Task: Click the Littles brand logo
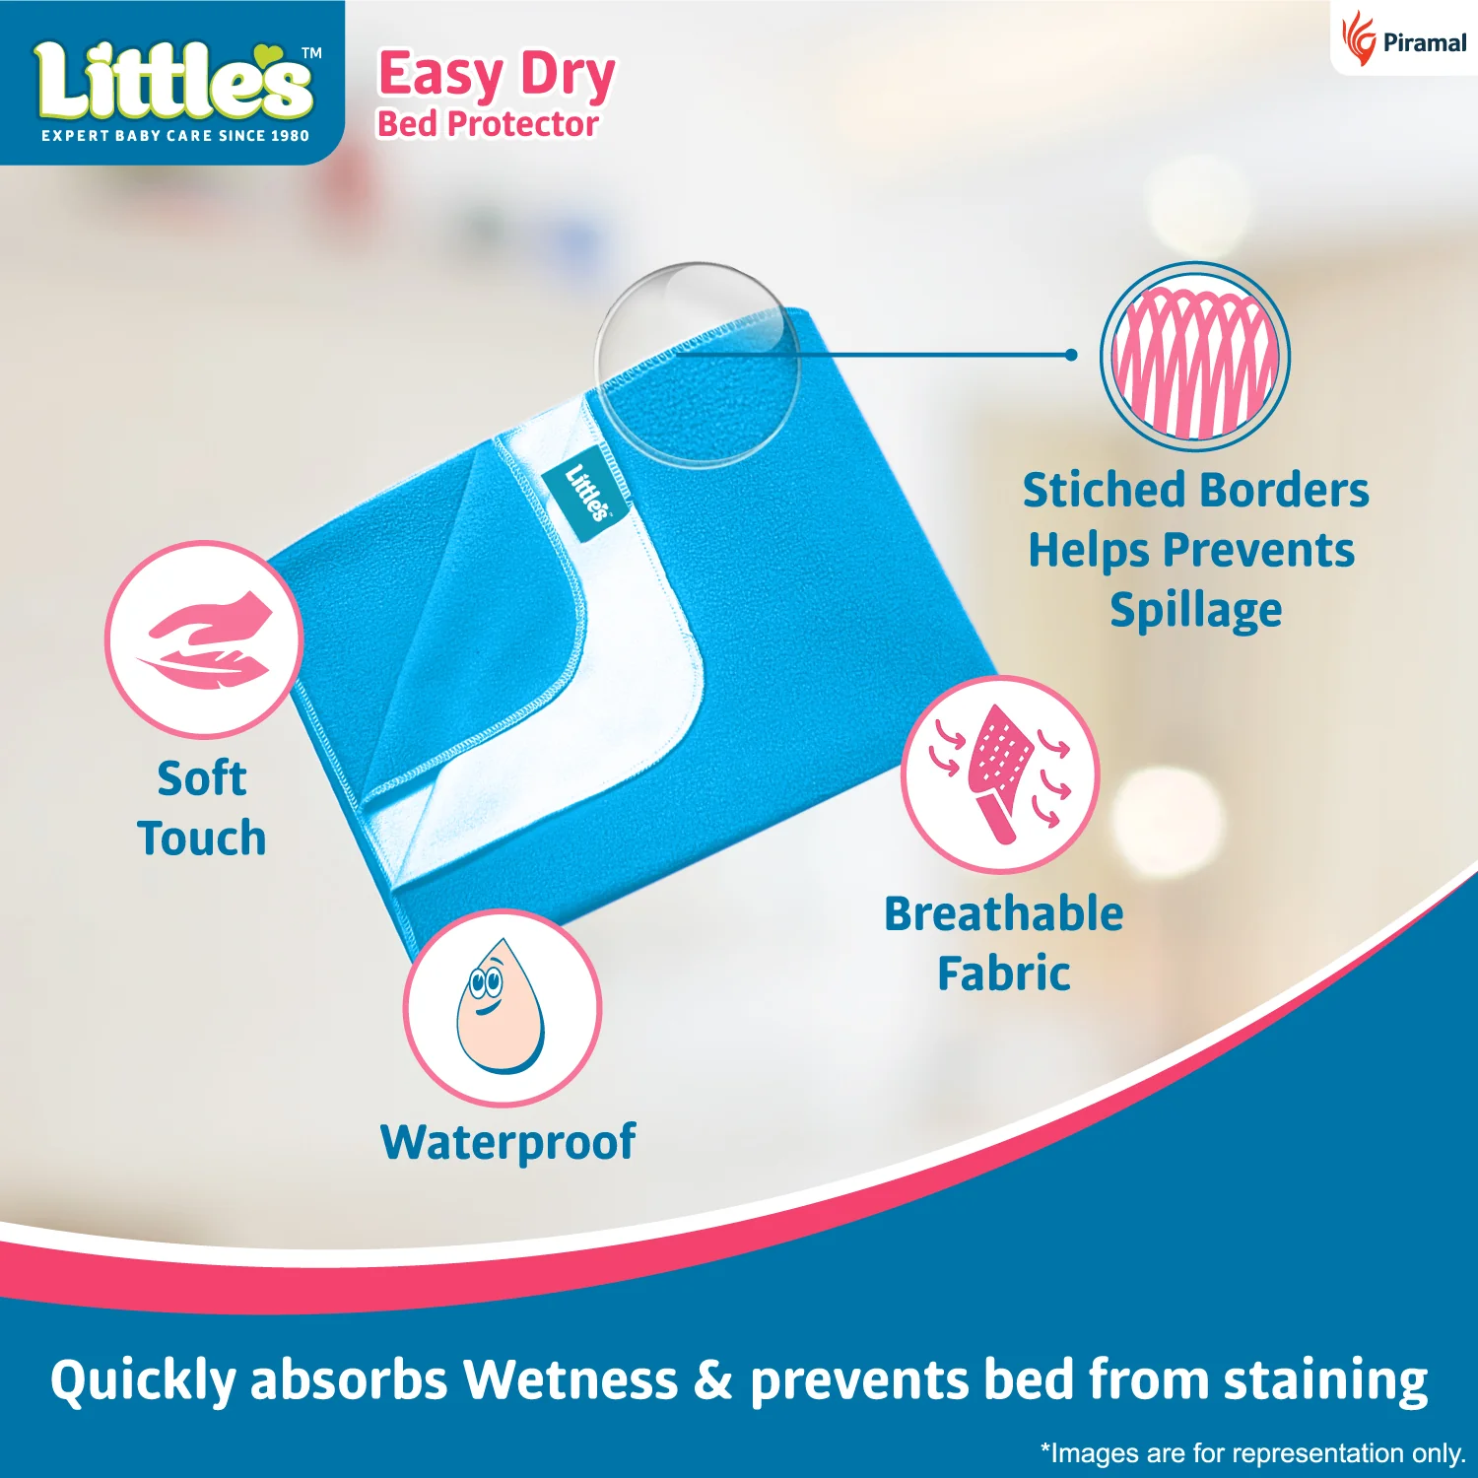click(x=174, y=84)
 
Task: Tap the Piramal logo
click(x=1403, y=40)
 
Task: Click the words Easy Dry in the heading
click(x=497, y=75)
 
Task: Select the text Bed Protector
click(x=488, y=124)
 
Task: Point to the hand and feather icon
click(x=204, y=639)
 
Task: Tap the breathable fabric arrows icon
click(x=1000, y=774)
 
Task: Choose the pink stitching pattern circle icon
click(x=1194, y=356)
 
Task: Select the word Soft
click(x=202, y=778)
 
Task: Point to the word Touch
click(x=202, y=839)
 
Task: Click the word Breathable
click(x=1003, y=913)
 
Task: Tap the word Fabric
click(x=1003, y=974)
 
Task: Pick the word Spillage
click(x=1195, y=611)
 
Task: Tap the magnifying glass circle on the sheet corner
click(x=697, y=364)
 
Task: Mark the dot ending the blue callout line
click(x=1071, y=355)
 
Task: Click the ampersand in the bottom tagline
click(x=713, y=1379)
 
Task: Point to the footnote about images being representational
click(x=1252, y=1452)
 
